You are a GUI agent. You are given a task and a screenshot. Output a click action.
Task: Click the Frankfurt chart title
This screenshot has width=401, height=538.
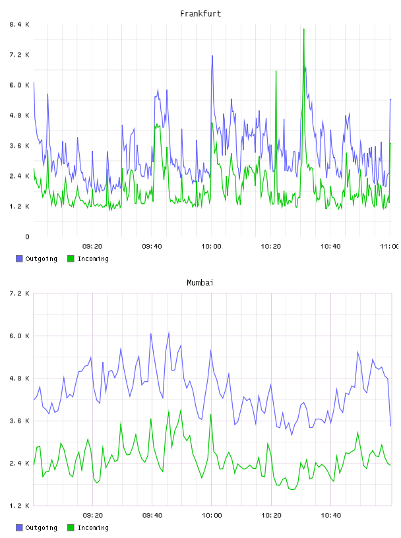[200, 14]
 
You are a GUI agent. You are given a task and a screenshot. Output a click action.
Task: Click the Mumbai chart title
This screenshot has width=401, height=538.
[200, 283]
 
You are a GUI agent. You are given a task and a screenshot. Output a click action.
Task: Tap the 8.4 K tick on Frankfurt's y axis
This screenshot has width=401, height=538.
[20, 24]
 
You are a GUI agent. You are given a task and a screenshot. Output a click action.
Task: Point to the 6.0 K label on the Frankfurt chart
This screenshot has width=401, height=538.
[20, 85]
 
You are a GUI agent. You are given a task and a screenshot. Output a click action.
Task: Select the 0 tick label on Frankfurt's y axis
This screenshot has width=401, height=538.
[27, 237]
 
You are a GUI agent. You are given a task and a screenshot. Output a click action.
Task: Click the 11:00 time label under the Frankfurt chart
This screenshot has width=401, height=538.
[389, 247]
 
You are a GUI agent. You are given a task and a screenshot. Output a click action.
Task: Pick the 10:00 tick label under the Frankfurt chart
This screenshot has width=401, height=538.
[211, 247]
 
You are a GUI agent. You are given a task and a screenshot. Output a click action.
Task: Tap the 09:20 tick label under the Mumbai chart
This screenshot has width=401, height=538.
[93, 516]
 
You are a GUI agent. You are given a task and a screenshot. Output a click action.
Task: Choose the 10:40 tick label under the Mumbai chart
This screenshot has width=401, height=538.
[330, 516]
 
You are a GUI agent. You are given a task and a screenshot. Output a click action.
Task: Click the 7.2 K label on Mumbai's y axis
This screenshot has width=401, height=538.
[20, 293]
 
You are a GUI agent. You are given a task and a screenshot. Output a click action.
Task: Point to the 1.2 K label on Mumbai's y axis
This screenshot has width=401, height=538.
[20, 506]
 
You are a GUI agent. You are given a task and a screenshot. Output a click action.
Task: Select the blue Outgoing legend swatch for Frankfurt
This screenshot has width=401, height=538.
[19, 258]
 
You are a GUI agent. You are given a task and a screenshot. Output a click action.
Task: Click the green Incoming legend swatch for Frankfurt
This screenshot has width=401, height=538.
[71, 258]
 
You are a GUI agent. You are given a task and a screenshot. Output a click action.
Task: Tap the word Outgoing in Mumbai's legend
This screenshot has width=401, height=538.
[41, 528]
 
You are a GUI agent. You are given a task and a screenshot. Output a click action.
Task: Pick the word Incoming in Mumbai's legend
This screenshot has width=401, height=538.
[93, 528]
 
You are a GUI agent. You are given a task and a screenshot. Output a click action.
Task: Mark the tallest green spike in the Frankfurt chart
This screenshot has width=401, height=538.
[304, 30]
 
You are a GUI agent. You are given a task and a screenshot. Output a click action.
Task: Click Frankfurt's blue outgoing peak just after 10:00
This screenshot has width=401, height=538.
[212, 56]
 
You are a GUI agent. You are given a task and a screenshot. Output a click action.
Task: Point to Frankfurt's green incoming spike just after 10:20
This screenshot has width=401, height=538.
[276, 71]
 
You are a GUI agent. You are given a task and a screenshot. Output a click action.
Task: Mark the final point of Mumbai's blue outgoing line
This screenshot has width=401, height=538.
[390, 426]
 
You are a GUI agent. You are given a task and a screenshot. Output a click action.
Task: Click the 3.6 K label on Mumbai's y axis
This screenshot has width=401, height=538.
[20, 421]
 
